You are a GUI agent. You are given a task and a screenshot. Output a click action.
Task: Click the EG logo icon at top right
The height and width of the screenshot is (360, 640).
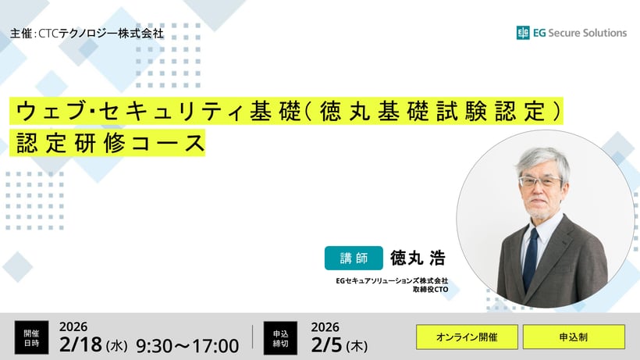pos(523,33)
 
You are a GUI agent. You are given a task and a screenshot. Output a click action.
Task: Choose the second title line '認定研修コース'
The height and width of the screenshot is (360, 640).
pos(108,143)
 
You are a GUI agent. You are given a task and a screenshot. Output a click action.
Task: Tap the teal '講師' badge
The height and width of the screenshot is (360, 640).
pos(354,258)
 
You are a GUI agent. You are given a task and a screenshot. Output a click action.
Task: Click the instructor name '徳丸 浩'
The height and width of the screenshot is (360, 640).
pos(417,258)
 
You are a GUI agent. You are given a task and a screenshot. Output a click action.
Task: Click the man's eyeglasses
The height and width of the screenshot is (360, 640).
pos(539,181)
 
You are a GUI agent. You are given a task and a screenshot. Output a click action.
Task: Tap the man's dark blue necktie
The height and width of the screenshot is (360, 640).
pos(531,257)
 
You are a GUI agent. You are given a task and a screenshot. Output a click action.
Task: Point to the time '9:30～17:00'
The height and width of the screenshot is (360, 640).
pos(187,344)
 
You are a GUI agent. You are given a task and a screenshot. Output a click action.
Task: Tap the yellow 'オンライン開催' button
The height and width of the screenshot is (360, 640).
pos(466,337)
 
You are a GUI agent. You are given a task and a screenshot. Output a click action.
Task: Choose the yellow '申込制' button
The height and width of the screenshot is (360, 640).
pos(574,337)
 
